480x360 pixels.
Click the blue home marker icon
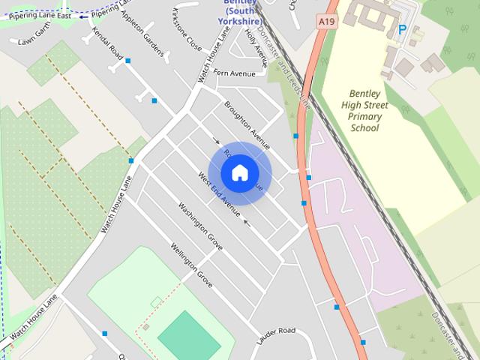pos(239,172)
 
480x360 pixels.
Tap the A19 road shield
pos(326,22)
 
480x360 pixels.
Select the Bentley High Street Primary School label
pos(365,111)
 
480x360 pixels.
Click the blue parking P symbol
pos(402,30)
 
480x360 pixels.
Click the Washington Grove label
pos(200,226)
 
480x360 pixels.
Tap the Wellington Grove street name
pos(191,265)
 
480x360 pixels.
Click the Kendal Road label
pos(107,43)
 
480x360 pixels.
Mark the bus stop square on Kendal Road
pos(128,61)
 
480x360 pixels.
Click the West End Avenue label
pos(218,194)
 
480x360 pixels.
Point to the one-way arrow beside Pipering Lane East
pos(83,16)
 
